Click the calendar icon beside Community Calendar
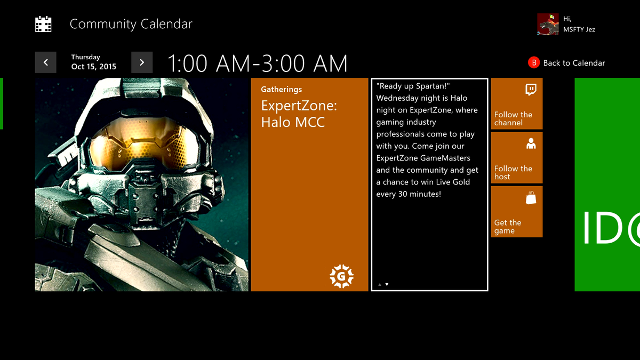point(43,24)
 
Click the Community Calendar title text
point(131,24)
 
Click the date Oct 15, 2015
point(94,67)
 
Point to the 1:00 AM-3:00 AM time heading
point(257,63)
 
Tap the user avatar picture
point(548,25)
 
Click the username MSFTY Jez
point(579,29)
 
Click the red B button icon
point(534,62)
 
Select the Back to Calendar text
point(574,63)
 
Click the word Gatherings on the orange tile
point(282,89)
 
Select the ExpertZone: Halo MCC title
point(299,114)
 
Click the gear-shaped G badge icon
point(341,276)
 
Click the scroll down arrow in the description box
point(387,284)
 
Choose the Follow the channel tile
point(516,103)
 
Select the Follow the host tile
point(516,158)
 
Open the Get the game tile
point(516,212)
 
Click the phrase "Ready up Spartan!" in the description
point(413,86)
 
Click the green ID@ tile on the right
point(607,185)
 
